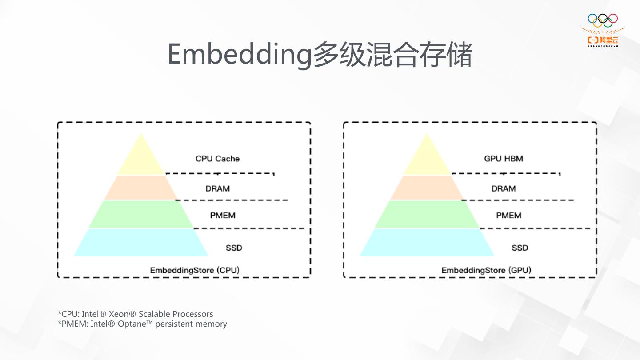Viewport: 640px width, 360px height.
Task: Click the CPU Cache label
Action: [x=217, y=159]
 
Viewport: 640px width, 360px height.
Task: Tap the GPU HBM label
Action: [x=504, y=159]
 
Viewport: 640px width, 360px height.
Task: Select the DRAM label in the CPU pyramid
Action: [x=217, y=188]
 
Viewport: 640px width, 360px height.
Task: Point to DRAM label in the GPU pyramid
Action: [x=504, y=188]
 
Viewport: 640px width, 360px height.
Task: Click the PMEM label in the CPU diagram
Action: [x=223, y=216]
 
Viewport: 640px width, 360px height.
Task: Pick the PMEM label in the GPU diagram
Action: [x=509, y=216]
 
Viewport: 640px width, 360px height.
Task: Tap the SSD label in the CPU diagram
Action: [x=234, y=248]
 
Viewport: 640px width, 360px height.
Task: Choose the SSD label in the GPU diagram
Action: [x=520, y=248]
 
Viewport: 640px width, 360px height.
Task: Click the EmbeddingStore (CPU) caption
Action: [x=195, y=270]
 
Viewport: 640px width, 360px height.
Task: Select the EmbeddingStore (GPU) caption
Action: [x=486, y=270]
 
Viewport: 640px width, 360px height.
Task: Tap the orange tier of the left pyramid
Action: [x=140, y=188]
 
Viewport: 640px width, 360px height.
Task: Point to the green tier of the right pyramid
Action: [x=427, y=214]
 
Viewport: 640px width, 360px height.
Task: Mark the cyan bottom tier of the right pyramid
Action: [x=427, y=243]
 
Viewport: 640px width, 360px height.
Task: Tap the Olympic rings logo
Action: [x=603, y=19]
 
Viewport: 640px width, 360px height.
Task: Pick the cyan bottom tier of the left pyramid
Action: [x=141, y=243]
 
